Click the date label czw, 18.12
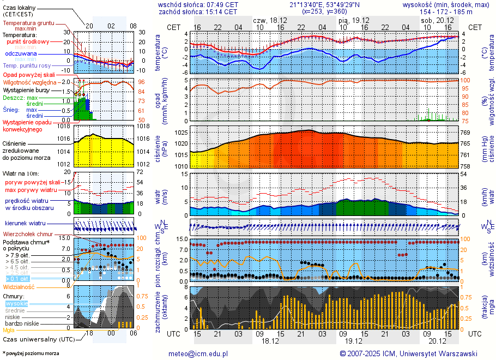[x=271, y=20]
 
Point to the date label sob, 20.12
[x=433, y=20]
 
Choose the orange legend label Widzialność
[x=19, y=286]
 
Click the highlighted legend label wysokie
[x=16, y=303]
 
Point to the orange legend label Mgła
[x=9, y=330]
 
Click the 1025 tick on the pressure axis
[x=182, y=133]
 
